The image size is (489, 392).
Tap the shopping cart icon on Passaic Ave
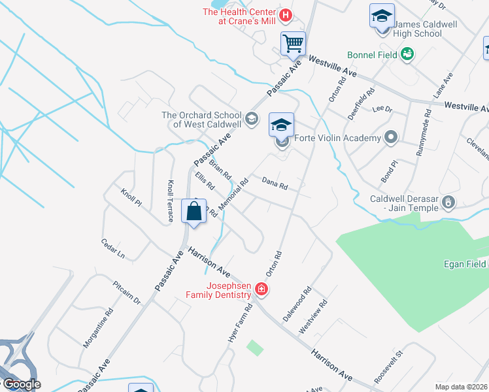tap(294, 44)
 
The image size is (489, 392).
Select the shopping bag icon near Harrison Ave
tap(194, 211)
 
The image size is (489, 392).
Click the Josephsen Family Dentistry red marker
tap(261, 289)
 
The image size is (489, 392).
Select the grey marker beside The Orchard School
tap(252, 118)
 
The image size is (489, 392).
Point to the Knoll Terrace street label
tap(170, 201)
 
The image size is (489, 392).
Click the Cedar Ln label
tap(112, 248)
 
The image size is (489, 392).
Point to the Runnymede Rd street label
tap(423, 132)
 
